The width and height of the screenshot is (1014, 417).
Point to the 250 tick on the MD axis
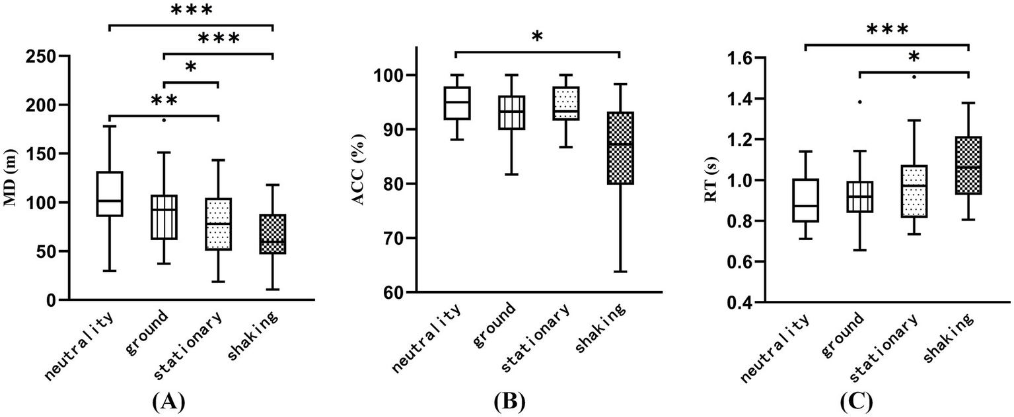41,56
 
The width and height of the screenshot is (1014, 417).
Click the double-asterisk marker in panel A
164,101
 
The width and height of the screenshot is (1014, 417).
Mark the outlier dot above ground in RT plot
859,102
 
